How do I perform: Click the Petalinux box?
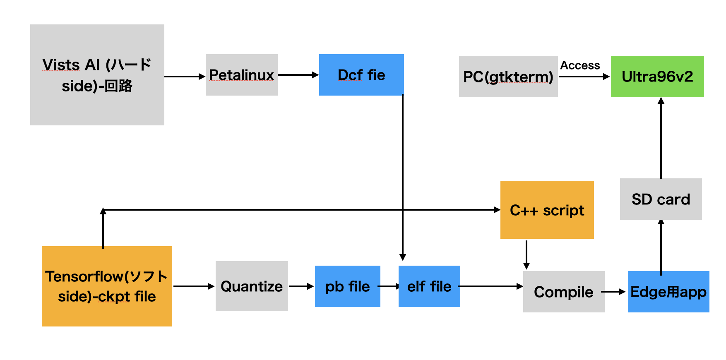coord(241,75)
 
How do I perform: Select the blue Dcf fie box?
coord(361,75)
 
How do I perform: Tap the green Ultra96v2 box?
coord(657,77)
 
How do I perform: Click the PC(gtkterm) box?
coord(508,77)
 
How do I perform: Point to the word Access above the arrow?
coord(580,65)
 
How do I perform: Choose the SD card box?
coord(661,199)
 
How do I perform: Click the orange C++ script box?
coord(547,210)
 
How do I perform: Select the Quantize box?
coord(252,286)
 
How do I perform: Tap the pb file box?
coord(347,286)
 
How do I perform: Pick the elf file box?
coord(429,286)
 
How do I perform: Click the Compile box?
coord(563,292)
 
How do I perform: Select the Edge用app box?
coord(668,292)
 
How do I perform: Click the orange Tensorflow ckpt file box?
coord(107,286)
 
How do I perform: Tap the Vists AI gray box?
coord(97,75)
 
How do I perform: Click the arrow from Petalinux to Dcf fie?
coord(298,75)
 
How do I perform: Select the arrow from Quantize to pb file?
coord(301,286)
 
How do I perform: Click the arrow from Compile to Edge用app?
coord(613,292)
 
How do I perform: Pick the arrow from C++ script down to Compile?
coord(526,254)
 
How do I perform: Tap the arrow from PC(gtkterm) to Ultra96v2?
coord(584,77)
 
